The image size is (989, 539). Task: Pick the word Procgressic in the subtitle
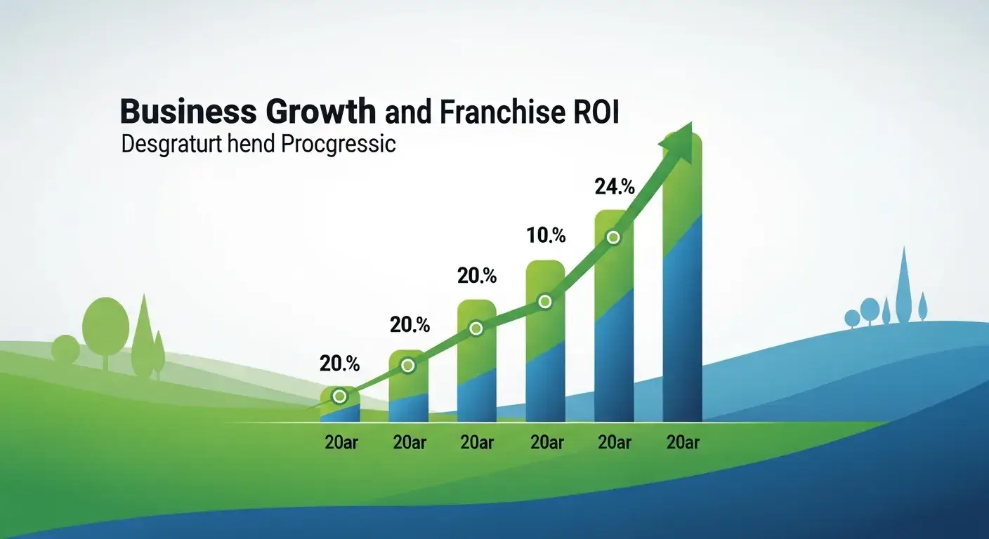[x=338, y=145]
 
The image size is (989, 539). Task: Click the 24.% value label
[x=615, y=187]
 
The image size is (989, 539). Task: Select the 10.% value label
[x=546, y=236]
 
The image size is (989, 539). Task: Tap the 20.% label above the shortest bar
[x=339, y=364]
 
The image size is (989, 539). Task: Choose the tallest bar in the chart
[x=682, y=295]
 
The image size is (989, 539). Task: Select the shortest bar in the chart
[x=340, y=407]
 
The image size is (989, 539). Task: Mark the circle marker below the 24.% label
[x=613, y=237]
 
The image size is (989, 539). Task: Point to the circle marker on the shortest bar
[x=339, y=397]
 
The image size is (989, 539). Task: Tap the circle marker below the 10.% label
[x=545, y=302]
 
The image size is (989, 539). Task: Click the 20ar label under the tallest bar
[x=682, y=443]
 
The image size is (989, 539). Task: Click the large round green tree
[x=105, y=324]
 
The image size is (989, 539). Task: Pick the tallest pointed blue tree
[x=903, y=281]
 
